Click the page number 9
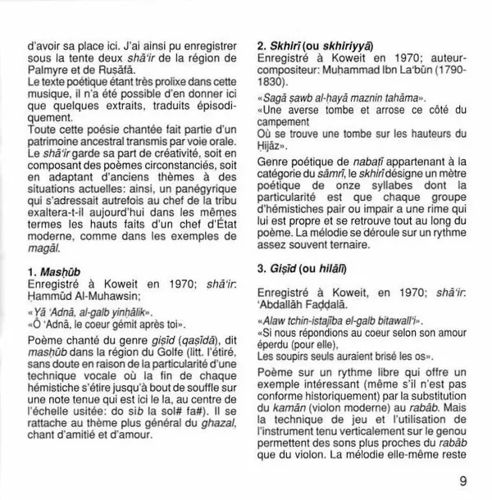point(464,481)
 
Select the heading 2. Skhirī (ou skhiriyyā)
point(304,47)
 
